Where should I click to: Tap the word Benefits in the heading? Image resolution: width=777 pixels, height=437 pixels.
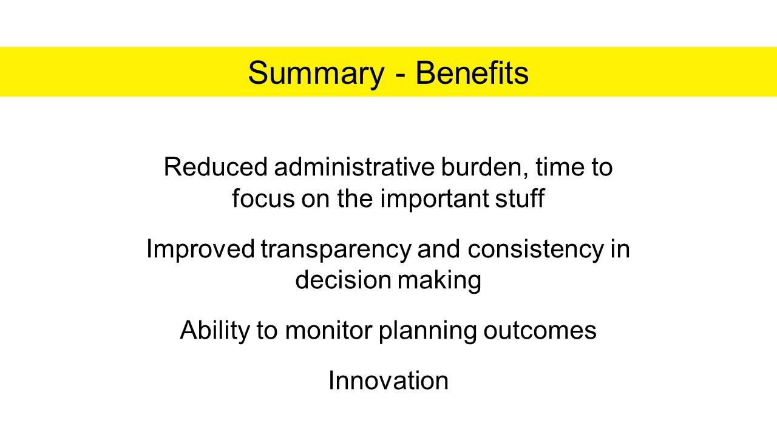[472, 72]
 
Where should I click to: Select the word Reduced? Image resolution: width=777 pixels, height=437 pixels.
[215, 167]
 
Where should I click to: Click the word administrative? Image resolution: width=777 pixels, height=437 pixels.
[354, 167]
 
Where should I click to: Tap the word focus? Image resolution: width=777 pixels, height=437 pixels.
[263, 198]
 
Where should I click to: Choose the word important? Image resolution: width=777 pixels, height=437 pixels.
[435, 200]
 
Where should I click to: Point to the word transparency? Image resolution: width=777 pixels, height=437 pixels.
[336, 250]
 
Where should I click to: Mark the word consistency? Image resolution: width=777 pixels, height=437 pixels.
[535, 250]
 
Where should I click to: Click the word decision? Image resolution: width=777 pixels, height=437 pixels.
[343, 280]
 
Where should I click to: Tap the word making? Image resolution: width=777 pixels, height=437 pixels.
[439, 281]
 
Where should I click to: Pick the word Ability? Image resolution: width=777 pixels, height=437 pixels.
[215, 331]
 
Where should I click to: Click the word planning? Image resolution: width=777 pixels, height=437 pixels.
[428, 331]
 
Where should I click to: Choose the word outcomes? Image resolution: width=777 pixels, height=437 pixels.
[540, 331]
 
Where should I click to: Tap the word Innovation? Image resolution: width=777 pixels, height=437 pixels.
[388, 381]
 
